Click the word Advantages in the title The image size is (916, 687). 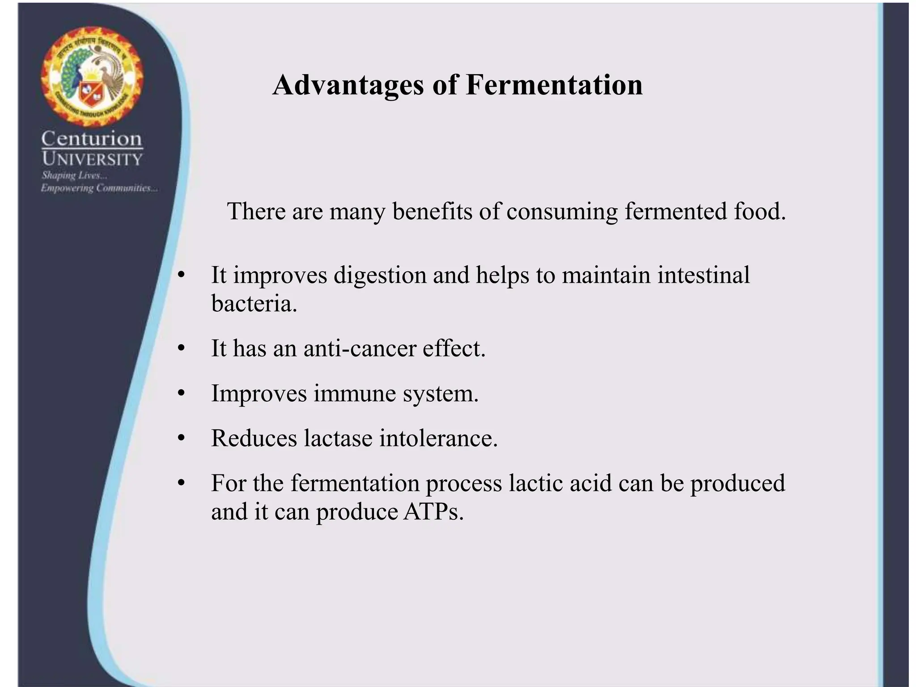tap(348, 85)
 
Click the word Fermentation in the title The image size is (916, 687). tap(554, 85)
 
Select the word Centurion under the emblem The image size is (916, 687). tap(92, 139)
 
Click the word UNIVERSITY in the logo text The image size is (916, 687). tap(92, 159)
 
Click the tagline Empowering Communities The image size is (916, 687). tap(99, 188)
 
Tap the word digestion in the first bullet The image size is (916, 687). tap(380, 275)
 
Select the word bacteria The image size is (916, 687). tap(254, 304)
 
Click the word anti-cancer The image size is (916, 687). tap(360, 348)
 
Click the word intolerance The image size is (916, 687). tap(438, 438)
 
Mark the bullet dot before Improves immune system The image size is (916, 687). tap(181, 394)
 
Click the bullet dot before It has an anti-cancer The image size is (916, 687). tap(181, 348)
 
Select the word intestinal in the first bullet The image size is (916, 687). tap(703, 275)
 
